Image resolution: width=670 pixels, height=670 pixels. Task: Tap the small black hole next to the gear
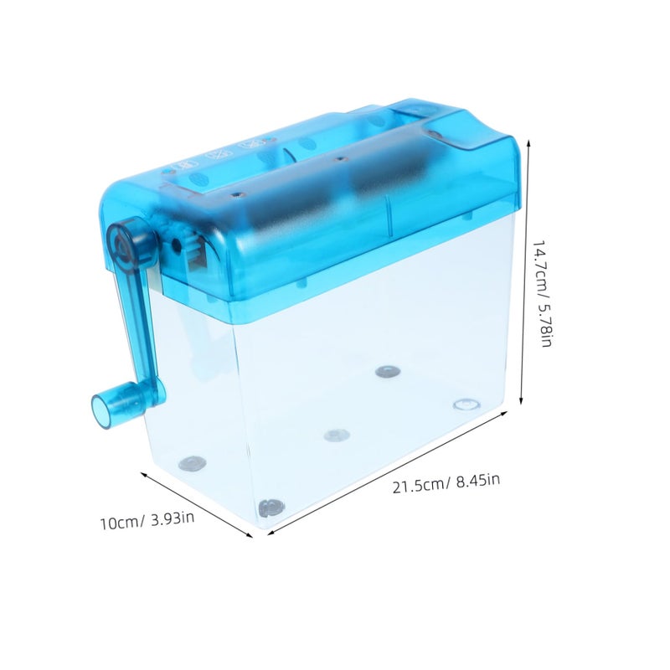click(x=175, y=245)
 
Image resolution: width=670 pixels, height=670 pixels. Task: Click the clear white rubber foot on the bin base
click(x=466, y=404)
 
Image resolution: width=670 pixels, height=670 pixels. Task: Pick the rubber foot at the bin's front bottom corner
click(x=271, y=508)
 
